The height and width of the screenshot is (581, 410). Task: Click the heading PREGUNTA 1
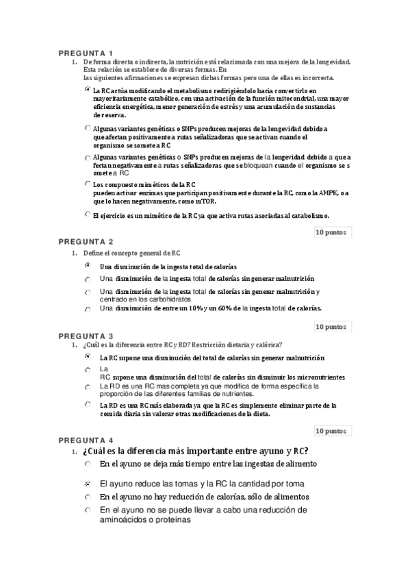point(85,53)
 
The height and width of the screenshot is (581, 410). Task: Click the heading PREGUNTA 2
point(85,241)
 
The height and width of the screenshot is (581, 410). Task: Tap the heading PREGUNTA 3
point(85,336)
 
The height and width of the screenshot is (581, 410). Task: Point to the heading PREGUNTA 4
point(85,440)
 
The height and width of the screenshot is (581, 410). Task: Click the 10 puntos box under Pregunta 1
point(331,232)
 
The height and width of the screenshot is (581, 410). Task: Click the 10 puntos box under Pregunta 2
point(331,327)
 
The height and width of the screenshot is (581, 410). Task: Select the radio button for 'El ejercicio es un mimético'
point(87,214)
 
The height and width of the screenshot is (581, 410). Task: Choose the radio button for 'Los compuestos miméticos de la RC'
point(87,184)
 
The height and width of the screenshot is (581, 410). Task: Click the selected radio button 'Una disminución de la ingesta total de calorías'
point(87,265)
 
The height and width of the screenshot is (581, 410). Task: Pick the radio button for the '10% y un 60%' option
point(87,309)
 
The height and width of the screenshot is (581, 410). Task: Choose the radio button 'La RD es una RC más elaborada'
point(87,405)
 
